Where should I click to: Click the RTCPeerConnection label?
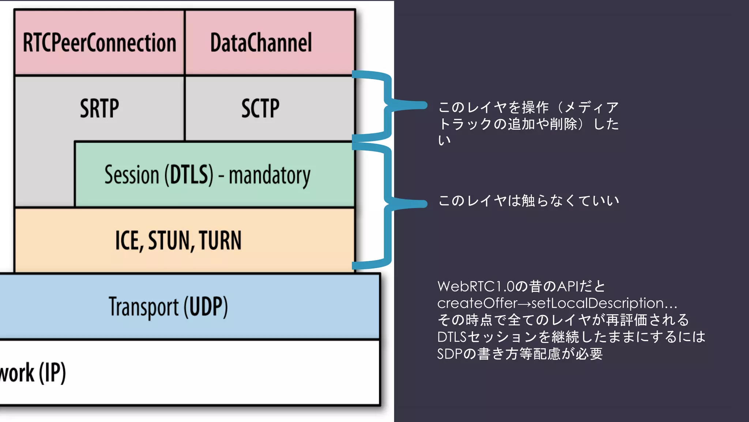(99, 43)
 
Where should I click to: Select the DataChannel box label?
(261, 43)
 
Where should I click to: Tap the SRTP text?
(99, 109)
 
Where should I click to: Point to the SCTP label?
(260, 109)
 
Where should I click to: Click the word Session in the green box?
(132, 175)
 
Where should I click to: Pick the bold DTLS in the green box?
(189, 175)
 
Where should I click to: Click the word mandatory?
(270, 176)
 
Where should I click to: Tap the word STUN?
(169, 241)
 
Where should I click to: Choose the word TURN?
(220, 241)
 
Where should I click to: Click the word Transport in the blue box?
(144, 307)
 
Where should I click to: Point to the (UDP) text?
(206, 307)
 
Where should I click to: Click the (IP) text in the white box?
(52, 373)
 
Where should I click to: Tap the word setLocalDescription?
(597, 303)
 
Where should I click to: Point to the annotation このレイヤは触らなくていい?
(528, 201)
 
